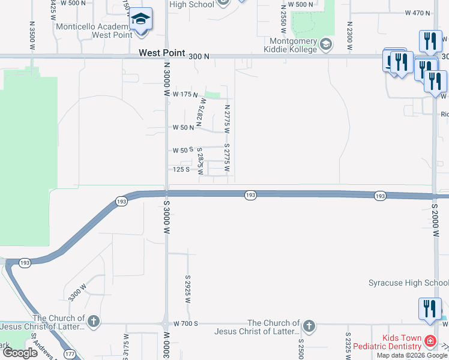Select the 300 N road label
(198, 56)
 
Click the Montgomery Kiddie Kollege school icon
(326, 44)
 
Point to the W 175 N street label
(185, 95)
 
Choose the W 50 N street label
(183, 128)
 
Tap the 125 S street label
(181, 169)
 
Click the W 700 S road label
(186, 324)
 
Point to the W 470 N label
(418, 13)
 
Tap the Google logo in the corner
(20, 353)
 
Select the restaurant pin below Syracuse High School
(429, 308)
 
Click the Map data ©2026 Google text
(412, 355)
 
